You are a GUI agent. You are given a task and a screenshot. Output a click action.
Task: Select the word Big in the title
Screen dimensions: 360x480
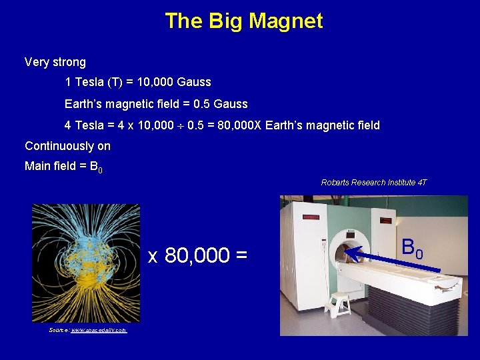pyautogui.click(x=225, y=21)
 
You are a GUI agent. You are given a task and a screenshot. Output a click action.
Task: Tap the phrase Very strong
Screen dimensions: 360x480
pyautogui.click(x=55, y=62)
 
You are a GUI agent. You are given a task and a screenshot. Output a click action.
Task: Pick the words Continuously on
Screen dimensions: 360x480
pyautogui.click(x=67, y=146)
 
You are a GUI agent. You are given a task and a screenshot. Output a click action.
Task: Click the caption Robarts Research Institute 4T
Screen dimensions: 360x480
pyautogui.click(x=373, y=182)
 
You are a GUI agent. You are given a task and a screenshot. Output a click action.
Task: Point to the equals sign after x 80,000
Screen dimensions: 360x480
pyautogui.click(x=241, y=255)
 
